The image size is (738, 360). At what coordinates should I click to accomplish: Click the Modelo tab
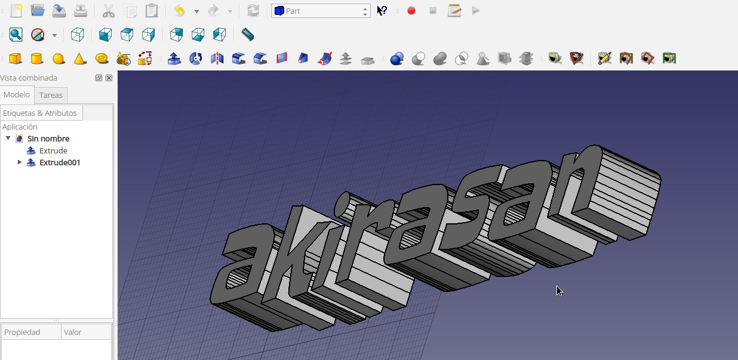17,95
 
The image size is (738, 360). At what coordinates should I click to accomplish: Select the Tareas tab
51,95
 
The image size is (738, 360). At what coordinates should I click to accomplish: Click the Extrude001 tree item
60,162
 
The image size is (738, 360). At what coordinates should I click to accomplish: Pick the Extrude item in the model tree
53,150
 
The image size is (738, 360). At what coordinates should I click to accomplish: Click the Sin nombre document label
48,139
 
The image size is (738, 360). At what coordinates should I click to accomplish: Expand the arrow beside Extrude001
20,162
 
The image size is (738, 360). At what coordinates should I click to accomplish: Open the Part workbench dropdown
321,11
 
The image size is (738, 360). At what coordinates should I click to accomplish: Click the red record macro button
411,11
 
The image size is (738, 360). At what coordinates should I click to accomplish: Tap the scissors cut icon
109,11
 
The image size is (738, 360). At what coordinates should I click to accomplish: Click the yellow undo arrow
180,11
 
